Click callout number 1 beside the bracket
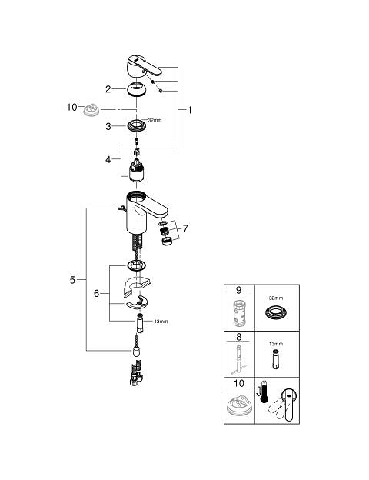(189, 110)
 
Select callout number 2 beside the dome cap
(108, 89)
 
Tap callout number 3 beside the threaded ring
(108, 126)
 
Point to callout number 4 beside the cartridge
(108, 159)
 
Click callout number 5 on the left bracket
(72, 280)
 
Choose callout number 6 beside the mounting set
(96, 294)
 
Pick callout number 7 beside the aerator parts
(185, 228)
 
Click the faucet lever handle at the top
(143, 66)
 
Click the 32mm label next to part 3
(155, 120)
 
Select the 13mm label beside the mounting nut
(161, 322)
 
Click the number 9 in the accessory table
(238, 289)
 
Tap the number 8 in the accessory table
(238, 337)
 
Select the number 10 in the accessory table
(239, 383)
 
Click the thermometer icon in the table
(264, 392)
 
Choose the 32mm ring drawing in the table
(276, 312)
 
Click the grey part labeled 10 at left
(91, 110)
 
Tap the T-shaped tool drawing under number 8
(238, 360)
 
